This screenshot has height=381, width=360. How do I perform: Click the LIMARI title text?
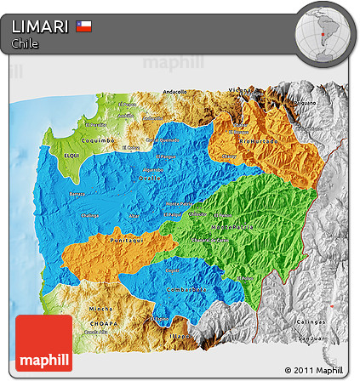click(x=40, y=27)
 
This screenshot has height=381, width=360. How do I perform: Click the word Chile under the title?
click(x=25, y=43)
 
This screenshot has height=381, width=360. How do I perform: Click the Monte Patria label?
click(x=179, y=205)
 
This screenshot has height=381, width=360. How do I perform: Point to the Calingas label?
click(x=310, y=321)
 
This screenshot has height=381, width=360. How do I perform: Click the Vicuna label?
click(x=239, y=90)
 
